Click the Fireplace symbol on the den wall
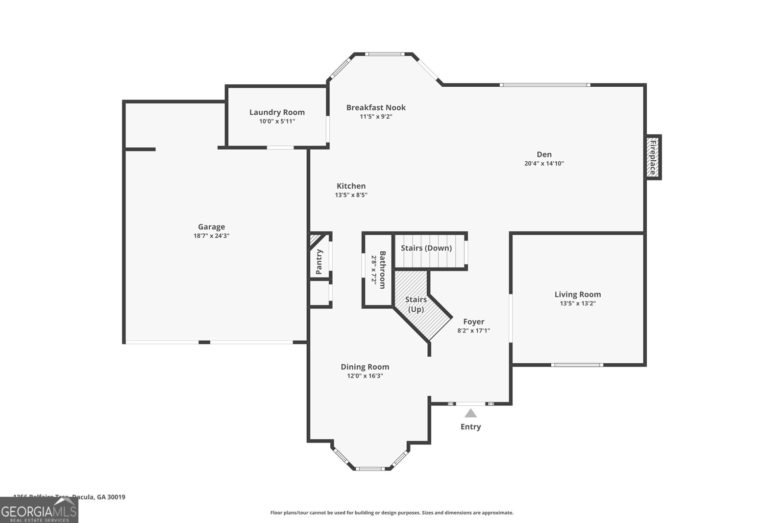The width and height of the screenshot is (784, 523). click(653, 157)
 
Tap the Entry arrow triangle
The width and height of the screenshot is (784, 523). click(470, 413)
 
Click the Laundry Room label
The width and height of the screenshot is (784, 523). click(277, 112)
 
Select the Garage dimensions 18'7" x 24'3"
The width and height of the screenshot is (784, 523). click(211, 236)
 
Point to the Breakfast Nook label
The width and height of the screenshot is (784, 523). click(376, 107)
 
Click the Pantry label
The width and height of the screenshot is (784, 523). click(319, 262)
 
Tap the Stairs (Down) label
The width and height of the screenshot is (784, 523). click(426, 248)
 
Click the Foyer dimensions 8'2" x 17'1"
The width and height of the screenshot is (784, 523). click(473, 331)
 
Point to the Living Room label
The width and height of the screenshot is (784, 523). click(577, 294)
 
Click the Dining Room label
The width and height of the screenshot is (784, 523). click(365, 367)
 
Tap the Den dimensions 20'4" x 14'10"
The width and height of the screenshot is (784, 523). click(544, 164)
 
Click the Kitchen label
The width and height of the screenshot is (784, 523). click(351, 186)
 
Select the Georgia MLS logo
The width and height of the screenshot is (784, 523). click(39, 510)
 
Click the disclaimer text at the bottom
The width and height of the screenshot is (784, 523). click(392, 513)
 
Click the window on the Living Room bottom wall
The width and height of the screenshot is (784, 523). click(577, 365)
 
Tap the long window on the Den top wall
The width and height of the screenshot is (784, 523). click(545, 85)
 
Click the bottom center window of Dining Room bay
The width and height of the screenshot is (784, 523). click(370, 469)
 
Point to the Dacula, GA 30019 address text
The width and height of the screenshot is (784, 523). click(98, 497)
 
